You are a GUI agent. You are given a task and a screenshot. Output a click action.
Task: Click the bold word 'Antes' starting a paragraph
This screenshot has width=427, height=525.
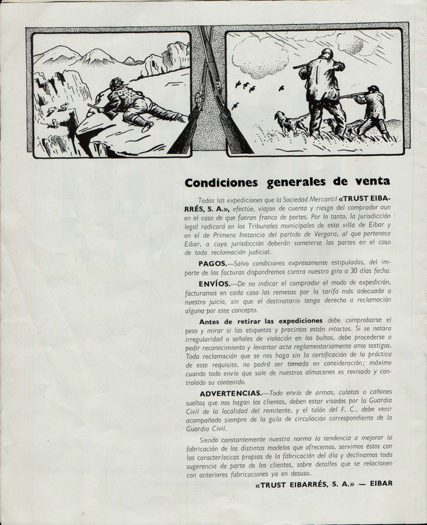pyautogui.click(x=213, y=321)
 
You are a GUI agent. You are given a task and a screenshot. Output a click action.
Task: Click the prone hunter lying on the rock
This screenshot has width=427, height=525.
pyautogui.click(x=137, y=103)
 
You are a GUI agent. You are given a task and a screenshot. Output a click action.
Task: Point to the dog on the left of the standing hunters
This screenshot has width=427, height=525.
pyautogui.click(x=292, y=122)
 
